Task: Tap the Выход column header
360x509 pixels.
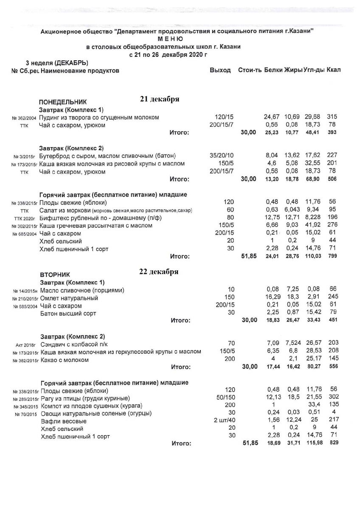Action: pos(220,70)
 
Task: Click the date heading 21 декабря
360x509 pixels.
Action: pos(160,99)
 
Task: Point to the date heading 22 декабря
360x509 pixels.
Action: pos(159,272)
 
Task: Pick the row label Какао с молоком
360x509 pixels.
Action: pos(65,360)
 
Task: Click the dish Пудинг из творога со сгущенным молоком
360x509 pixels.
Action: pos(99,117)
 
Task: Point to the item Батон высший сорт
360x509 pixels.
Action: pos(68,313)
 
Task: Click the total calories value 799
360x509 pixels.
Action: pos(332,257)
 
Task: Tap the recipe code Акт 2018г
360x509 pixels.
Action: pos(26,345)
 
